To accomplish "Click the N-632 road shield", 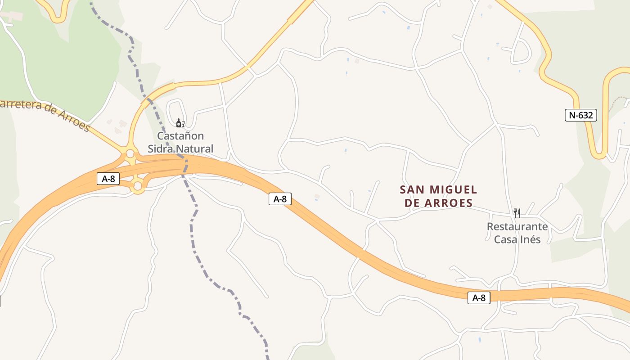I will [580, 115].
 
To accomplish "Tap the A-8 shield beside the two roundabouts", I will [108, 179].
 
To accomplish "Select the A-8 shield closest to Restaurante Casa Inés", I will [479, 297].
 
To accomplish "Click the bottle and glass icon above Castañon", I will [180, 123].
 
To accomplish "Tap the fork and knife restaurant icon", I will [517, 213].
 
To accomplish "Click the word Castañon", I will [180, 136].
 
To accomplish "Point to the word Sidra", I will [161, 148].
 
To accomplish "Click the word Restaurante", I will [517, 226].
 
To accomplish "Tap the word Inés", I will [530, 239].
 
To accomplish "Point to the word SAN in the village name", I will [411, 189].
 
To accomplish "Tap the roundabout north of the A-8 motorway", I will [130, 154].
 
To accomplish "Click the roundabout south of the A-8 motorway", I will [138, 185].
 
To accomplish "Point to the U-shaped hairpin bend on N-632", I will [599, 153].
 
